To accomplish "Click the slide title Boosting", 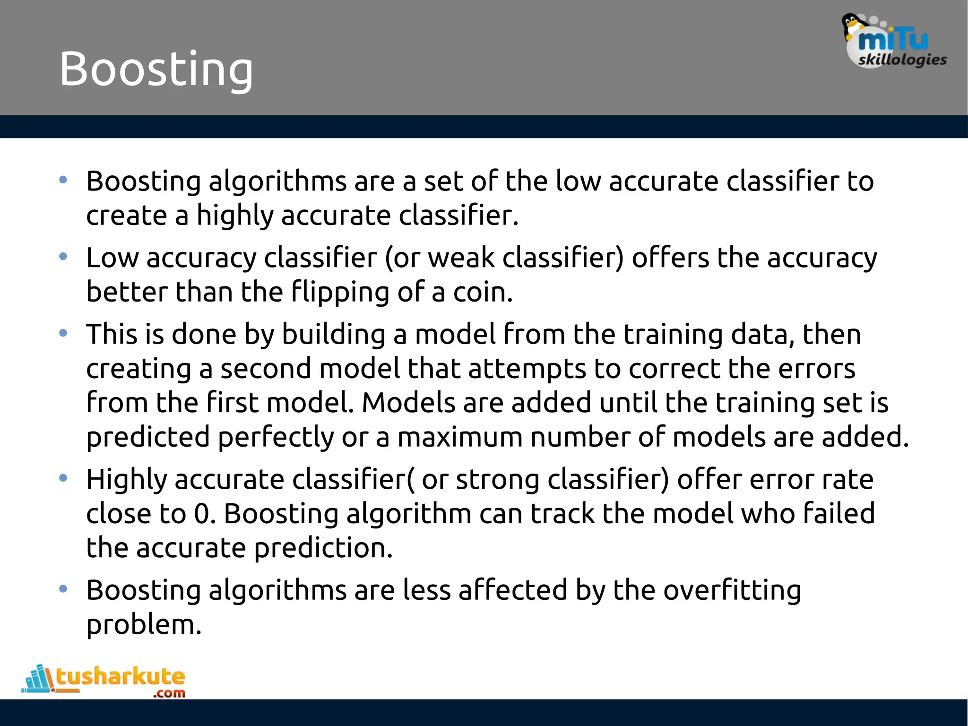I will click(x=156, y=69).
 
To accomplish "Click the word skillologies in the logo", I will click(x=902, y=60).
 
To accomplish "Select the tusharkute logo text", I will click(x=121, y=677).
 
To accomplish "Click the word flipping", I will click(x=340, y=293).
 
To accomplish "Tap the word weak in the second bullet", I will click(x=461, y=258).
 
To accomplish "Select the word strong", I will click(x=497, y=480).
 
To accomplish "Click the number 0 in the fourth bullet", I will click(x=202, y=514).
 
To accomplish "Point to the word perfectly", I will click(x=276, y=437).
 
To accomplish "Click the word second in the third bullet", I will click(x=266, y=369).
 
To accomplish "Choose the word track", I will click(x=562, y=514).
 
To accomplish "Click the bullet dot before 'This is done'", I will click(x=63, y=334).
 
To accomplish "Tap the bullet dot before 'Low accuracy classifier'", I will click(x=63, y=257).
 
